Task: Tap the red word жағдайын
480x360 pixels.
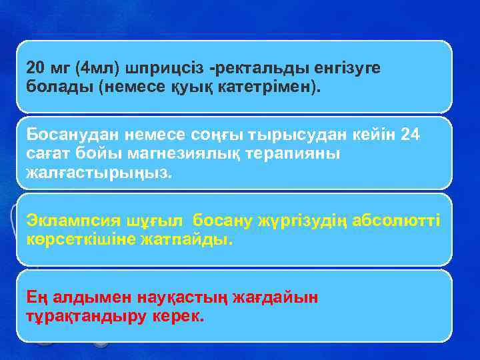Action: click(x=275, y=297)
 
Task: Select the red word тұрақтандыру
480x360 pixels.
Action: click(x=83, y=315)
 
